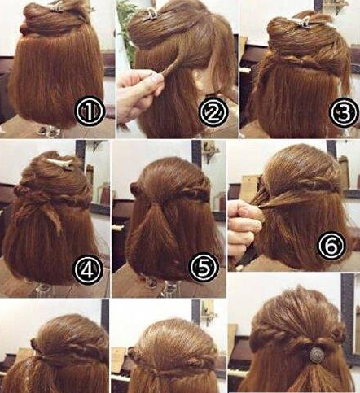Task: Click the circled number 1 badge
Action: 90,111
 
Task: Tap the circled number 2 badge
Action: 213,111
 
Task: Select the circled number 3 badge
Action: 344,112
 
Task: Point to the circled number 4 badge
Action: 88,269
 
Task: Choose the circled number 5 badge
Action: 204,267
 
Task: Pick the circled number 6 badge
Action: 331,246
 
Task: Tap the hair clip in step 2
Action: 151,14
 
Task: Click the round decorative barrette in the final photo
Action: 316,354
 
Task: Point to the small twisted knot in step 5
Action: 134,188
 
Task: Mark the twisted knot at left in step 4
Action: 20,190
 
